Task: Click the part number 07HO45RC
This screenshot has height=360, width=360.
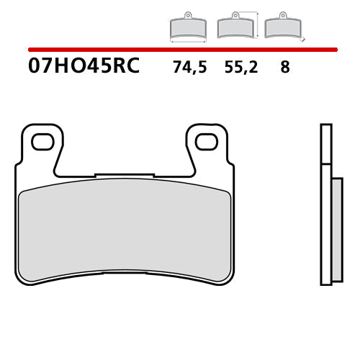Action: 84,68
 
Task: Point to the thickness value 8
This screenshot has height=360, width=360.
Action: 285,68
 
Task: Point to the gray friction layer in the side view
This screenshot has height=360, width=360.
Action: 336,230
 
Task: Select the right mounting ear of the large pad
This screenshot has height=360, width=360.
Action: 208,148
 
